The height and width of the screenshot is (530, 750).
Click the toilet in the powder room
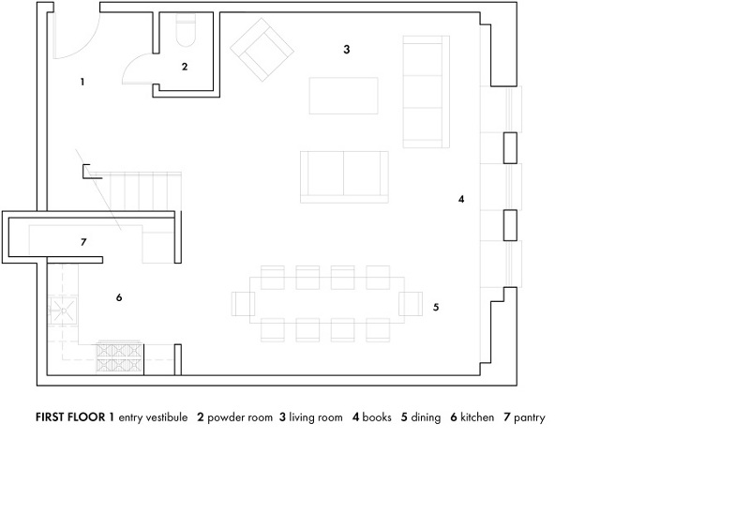click(x=186, y=30)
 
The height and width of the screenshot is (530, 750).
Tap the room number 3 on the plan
click(x=347, y=50)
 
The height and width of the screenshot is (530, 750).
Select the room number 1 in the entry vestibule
click(x=82, y=82)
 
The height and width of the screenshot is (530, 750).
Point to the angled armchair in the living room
click(x=262, y=50)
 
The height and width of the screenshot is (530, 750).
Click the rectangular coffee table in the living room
click(x=343, y=96)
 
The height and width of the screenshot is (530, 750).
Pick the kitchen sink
click(x=63, y=311)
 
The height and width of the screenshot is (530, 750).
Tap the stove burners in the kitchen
click(x=120, y=357)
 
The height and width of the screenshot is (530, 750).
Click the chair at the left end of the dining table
click(x=244, y=304)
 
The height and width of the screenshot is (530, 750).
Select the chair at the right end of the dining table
click(x=411, y=304)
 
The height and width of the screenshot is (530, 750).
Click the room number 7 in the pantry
click(x=83, y=242)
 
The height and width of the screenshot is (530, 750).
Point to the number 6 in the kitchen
click(x=119, y=297)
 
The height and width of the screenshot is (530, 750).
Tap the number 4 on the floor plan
click(x=461, y=199)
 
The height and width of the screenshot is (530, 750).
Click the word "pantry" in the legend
click(x=529, y=418)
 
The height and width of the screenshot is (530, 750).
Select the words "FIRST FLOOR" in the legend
click(x=70, y=417)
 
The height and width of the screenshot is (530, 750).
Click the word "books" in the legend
click(x=377, y=417)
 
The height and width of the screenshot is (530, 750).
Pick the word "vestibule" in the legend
click(x=167, y=417)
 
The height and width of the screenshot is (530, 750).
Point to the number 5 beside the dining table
click(x=436, y=308)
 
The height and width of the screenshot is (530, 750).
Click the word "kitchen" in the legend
click(x=477, y=417)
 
